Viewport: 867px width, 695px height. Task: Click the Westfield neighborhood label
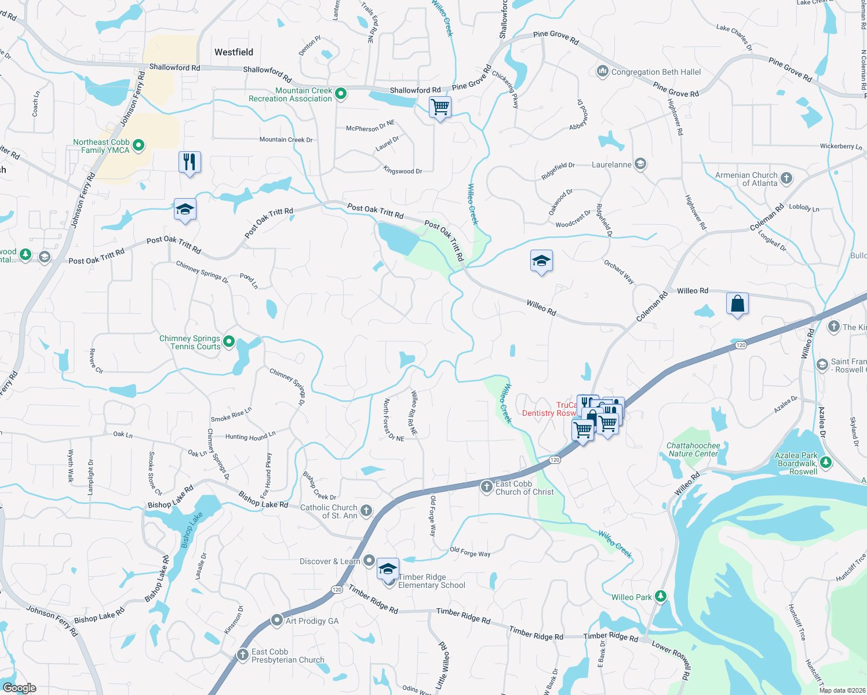pos(234,52)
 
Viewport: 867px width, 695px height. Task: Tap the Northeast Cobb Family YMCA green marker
pos(139,145)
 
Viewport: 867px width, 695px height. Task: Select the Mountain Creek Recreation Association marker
pos(341,94)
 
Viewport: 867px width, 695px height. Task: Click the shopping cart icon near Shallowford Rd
pos(440,107)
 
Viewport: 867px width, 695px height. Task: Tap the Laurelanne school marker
pos(640,164)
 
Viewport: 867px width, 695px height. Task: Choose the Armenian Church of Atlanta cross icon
pos(786,178)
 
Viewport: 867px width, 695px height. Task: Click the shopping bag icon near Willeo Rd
pos(737,303)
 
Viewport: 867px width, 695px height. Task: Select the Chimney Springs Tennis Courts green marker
pos(229,342)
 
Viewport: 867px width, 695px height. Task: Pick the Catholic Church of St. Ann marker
pos(366,511)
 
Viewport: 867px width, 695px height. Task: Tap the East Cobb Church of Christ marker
pos(487,487)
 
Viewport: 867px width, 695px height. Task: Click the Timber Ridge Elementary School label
pos(431,581)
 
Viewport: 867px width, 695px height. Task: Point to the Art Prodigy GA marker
pos(277,620)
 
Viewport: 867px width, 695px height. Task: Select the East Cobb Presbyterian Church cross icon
pos(243,655)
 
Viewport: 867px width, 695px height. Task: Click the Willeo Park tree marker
pos(661,597)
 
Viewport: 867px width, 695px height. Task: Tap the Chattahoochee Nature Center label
pos(693,449)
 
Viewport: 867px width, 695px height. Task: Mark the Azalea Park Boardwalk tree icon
pos(826,462)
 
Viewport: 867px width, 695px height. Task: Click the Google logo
pos(19,688)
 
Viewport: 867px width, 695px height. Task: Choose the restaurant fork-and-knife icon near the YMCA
pos(190,162)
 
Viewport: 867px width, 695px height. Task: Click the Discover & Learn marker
pos(370,561)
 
